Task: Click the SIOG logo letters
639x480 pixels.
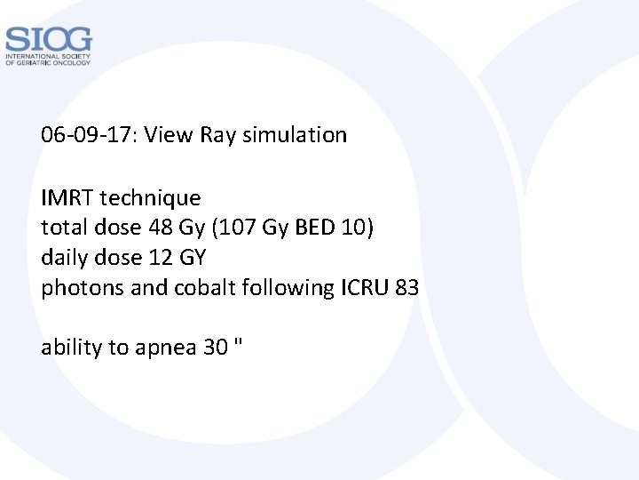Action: [48, 39]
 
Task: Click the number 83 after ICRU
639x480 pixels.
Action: [406, 288]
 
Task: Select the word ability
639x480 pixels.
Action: [72, 348]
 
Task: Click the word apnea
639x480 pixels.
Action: [166, 348]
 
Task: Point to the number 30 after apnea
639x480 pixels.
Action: [216, 348]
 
